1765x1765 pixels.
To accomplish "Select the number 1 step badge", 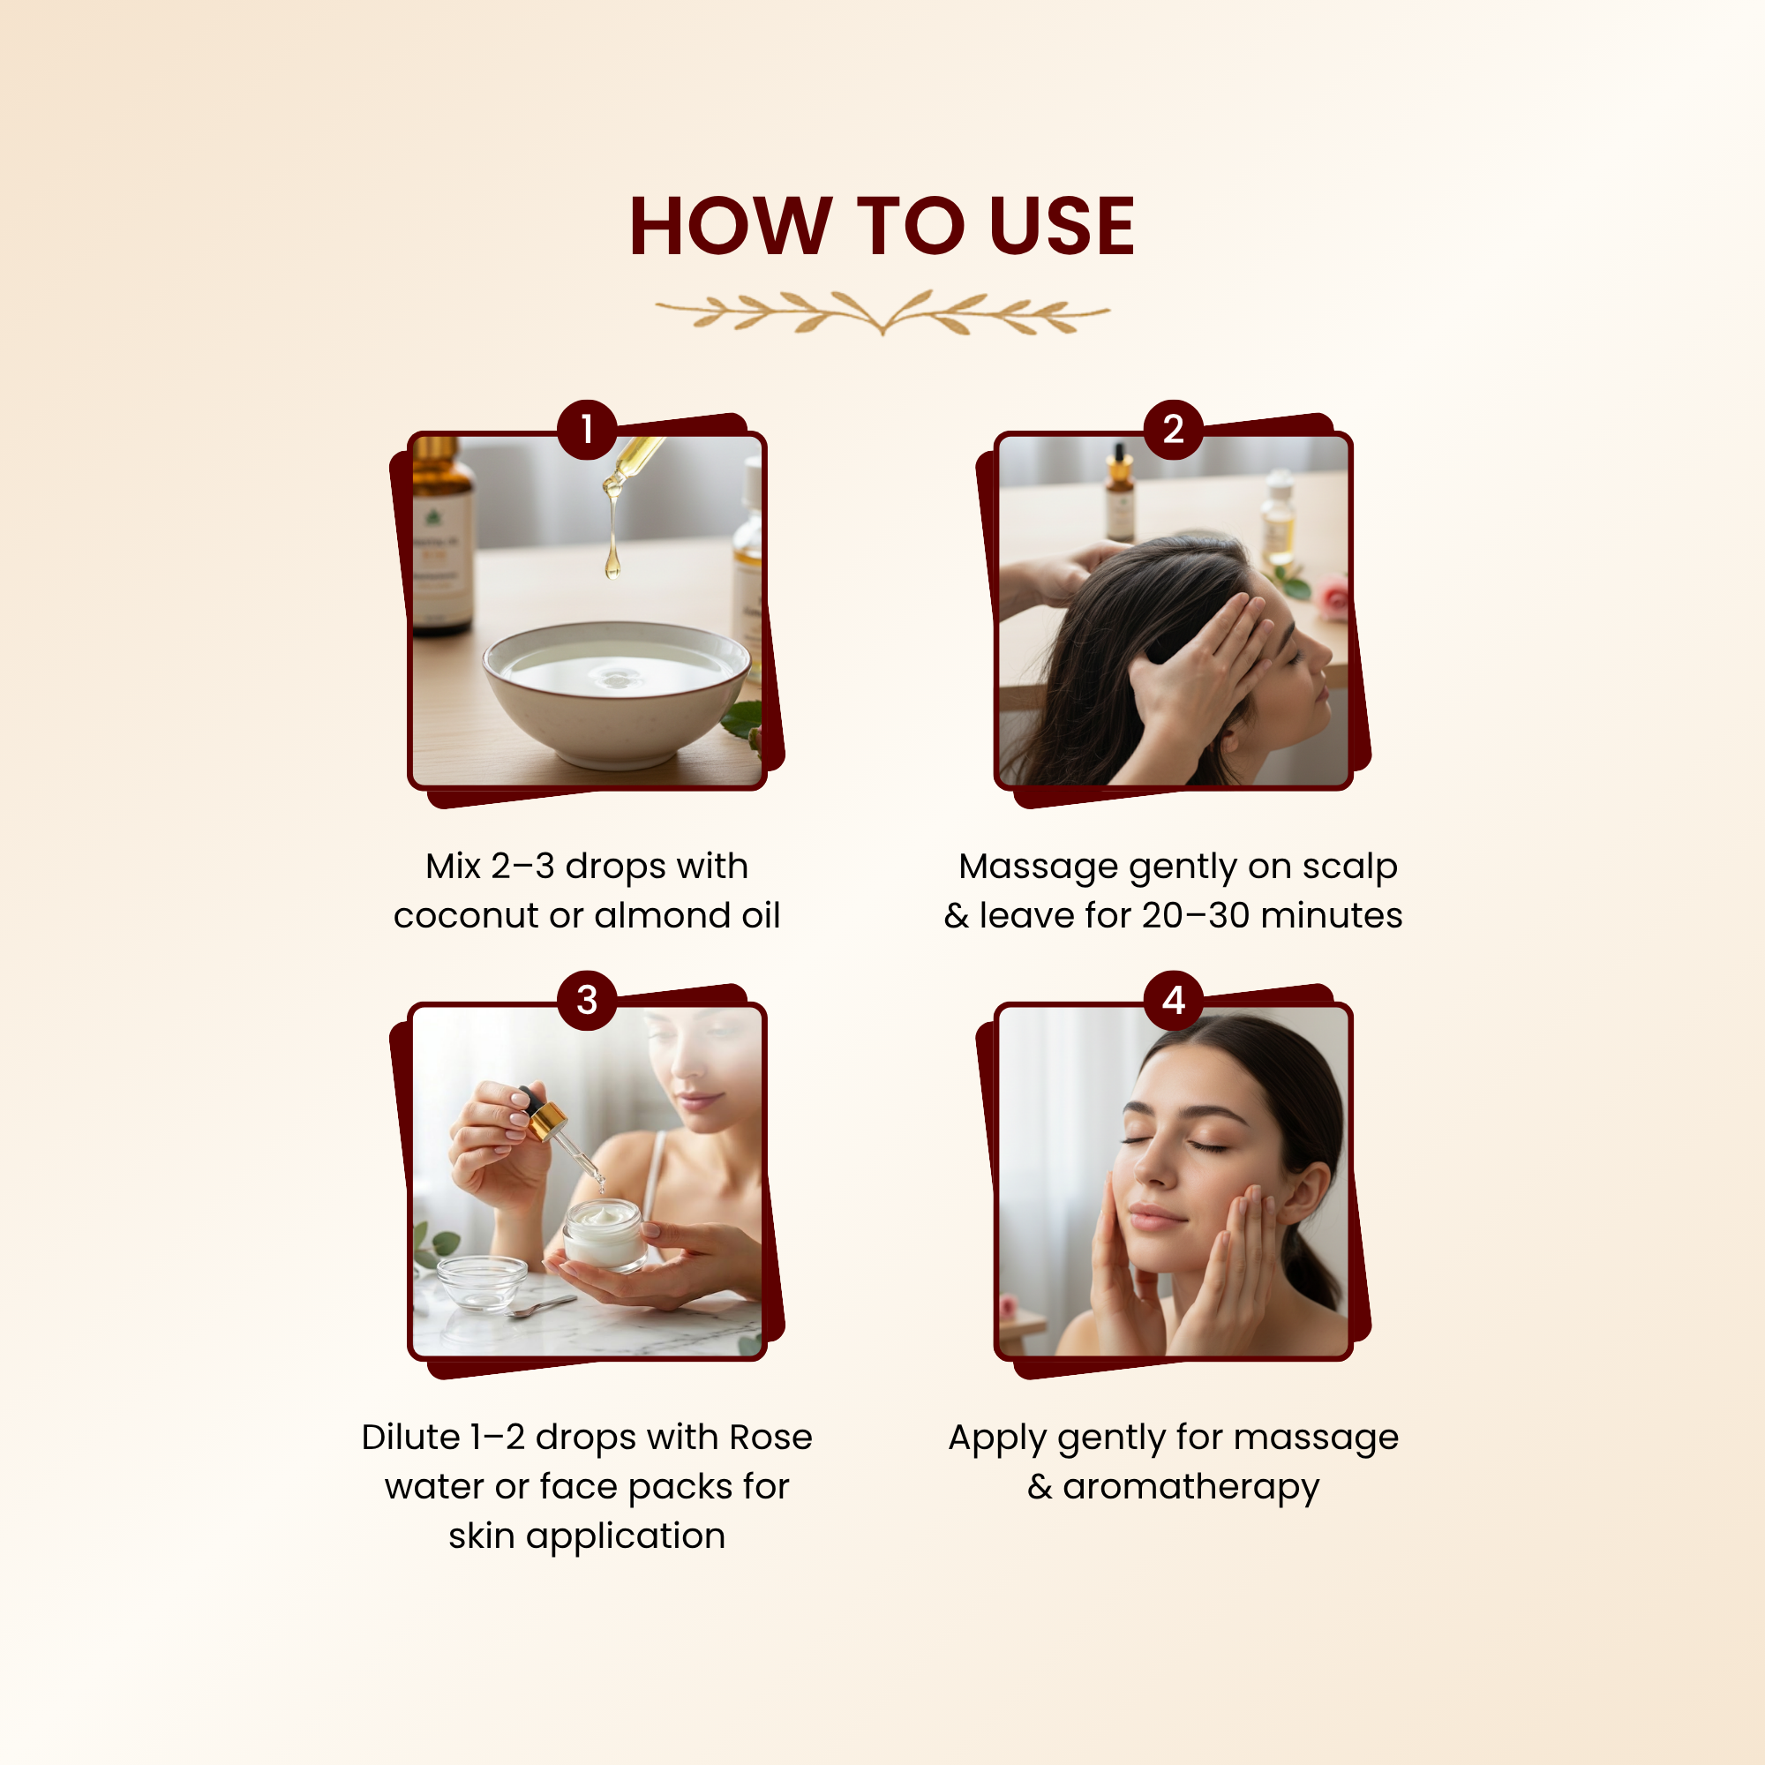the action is pos(588,430).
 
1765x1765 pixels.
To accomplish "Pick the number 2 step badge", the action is pos(1174,430).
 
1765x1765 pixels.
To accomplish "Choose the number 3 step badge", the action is pos(588,1001).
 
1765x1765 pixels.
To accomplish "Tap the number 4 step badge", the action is pos(1174,1001).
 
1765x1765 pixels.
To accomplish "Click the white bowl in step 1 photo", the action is pos(617,694).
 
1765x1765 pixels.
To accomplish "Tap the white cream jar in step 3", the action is pos(604,1235).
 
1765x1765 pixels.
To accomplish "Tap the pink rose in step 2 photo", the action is pos(1333,597).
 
